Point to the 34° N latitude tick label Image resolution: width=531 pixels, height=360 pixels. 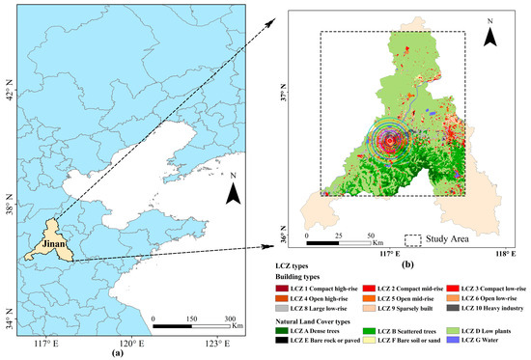click(x=10, y=323)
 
